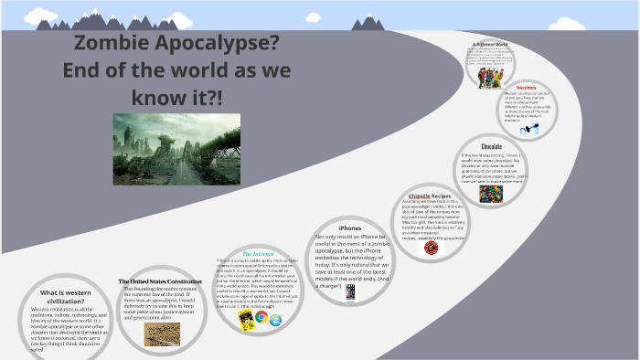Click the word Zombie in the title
click(x=120, y=44)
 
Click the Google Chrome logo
click(x=262, y=317)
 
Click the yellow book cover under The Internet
click(x=245, y=321)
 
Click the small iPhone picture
click(x=349, y=292)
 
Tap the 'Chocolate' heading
click(x=492, y=147)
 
